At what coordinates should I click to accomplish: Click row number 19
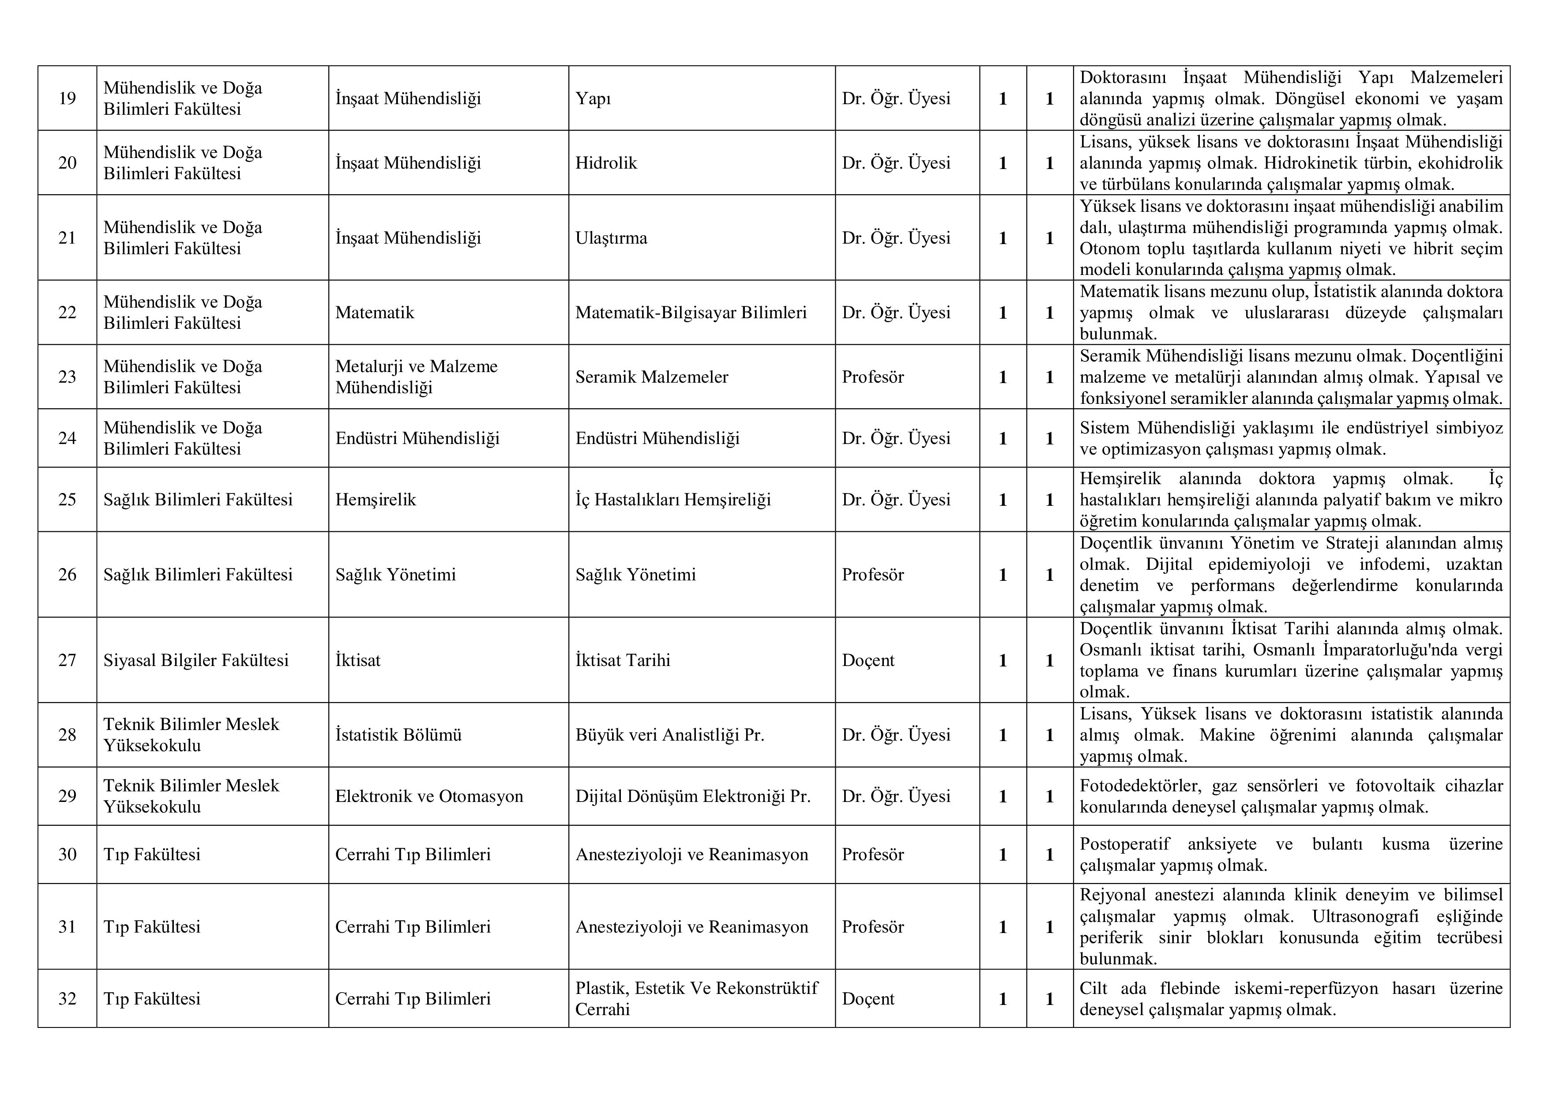[68, 98]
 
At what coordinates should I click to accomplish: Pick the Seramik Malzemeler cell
[651, 377]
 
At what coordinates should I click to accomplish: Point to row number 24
[68, 438]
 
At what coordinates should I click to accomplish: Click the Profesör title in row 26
[872, 575]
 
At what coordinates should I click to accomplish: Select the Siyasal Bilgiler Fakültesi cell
[195, 660]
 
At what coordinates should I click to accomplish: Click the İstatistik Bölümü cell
[398, 735]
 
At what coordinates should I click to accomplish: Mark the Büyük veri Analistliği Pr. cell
[669, 735]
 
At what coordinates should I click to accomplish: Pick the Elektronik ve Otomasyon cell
[429, 796]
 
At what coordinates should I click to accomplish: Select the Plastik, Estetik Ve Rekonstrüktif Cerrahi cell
[696, 999]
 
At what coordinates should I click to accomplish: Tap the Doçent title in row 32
[868, 999]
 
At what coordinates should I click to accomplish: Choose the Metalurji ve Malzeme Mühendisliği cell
[416, 377]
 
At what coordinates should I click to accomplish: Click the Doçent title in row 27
[868, 660]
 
